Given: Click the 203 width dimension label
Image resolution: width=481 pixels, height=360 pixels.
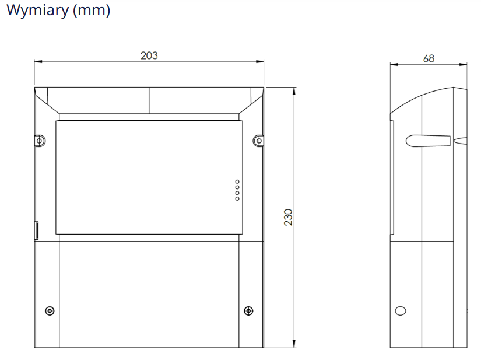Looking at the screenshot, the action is [x=149, y=55].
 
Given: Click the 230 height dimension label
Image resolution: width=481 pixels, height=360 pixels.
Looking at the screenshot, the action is [x=289, y=218].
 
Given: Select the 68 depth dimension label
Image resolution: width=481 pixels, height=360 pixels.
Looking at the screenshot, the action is [x=429, y=58].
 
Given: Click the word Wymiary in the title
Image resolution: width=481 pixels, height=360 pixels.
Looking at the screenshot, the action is [x=38, y=11].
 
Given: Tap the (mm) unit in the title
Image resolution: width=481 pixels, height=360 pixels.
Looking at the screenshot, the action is [x=92, y=11].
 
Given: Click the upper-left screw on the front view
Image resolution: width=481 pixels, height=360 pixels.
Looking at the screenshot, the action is [x=40, y=141].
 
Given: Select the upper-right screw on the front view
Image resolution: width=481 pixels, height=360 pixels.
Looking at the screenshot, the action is [x=259, y=141].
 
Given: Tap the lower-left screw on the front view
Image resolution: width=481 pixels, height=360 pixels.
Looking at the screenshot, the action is [x=50, y=311].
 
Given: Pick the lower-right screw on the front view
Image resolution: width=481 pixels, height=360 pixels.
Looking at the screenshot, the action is [x=248, y=311].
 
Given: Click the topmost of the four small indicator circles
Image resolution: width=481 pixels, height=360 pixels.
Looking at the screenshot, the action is [x=237, y=181].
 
